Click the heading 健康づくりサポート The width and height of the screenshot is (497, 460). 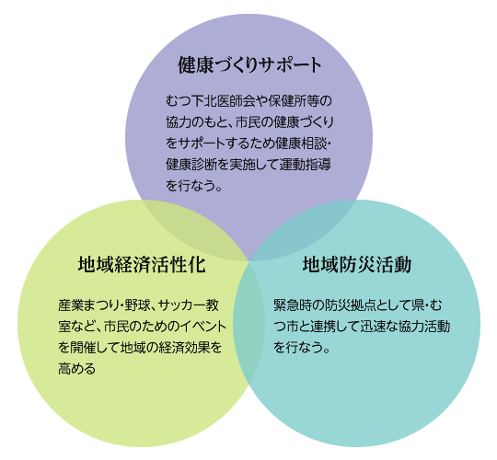[249, 65]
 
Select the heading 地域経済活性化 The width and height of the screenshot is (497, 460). [142, 264]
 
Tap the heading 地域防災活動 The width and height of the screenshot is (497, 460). [357, 264]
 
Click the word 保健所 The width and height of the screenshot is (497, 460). [287, 101]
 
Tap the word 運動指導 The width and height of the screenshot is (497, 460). [305, 165]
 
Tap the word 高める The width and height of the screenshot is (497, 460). [77, 369]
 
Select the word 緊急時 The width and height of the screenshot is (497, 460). [293, 305]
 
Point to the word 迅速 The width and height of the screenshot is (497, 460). [373, 327]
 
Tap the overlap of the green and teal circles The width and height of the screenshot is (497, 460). [248, 323]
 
